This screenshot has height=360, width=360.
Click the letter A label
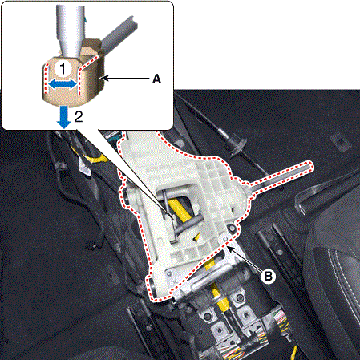tap(156, 79)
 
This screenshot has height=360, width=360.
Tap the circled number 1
tap(63, 68)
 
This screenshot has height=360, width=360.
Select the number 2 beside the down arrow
tap(79, 116)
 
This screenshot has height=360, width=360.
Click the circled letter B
tap(268, 276)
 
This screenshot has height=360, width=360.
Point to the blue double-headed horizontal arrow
tap(63, 84)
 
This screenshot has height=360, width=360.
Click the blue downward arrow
tap(64, 117)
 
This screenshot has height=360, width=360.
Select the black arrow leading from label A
tap(126, 78)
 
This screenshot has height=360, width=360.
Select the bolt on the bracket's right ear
tap(232, 228)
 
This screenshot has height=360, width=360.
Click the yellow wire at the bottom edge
tap(293, 353)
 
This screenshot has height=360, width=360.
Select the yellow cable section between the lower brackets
tap(220, 297)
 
